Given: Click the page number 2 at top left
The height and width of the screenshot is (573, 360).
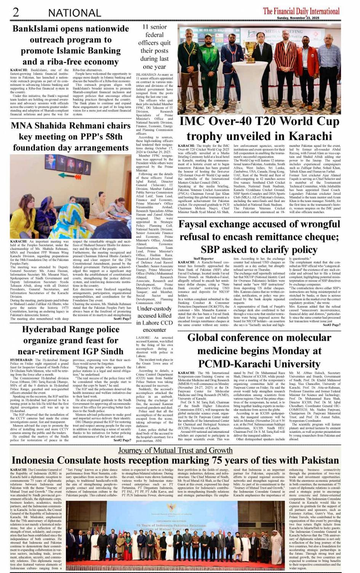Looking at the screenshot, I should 16,12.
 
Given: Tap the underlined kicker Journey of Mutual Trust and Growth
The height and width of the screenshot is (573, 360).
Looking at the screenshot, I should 175,450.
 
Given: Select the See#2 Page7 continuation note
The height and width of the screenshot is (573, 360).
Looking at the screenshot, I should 122,440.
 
